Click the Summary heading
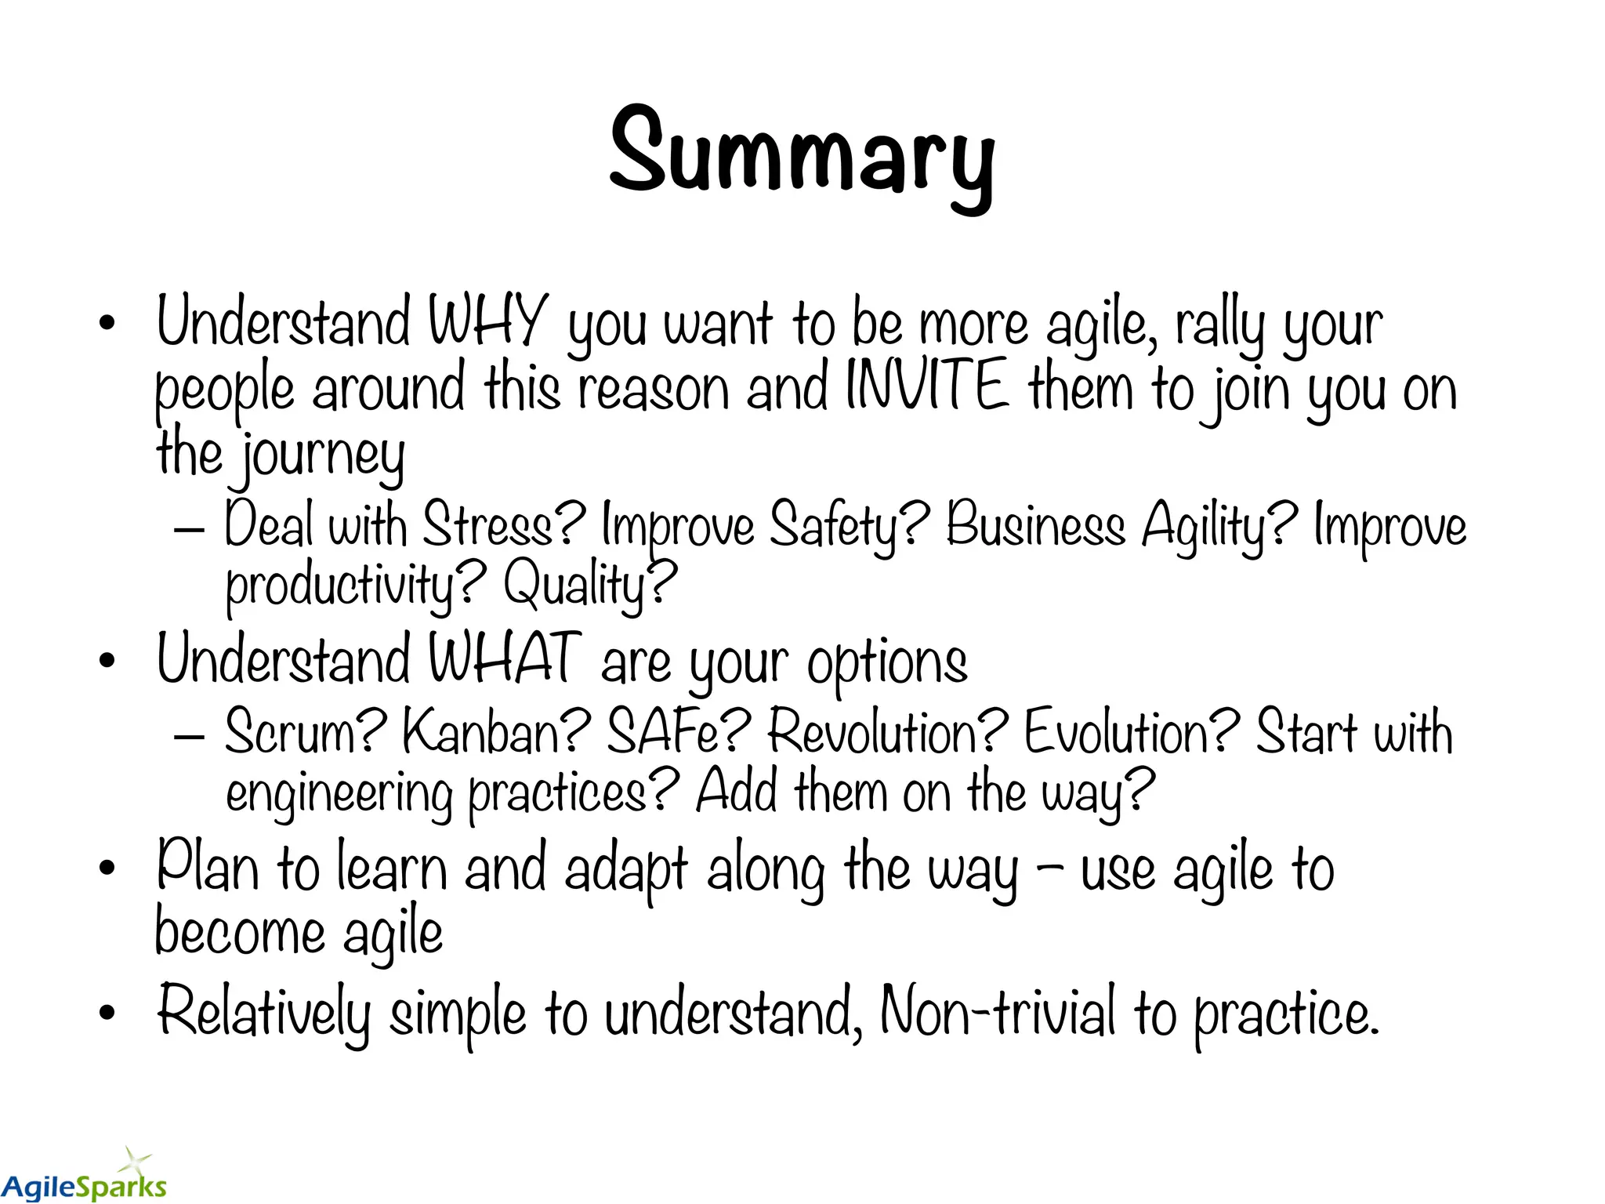pyautogui.click(x=802, y=153)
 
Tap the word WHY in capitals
pyautogui.click(x=487, y=321)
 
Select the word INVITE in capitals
pyautogui.click(x=927, y=386)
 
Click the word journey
pyautogui.click(x=322, y=456)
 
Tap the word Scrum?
pyautogui.click(x=306, y=731)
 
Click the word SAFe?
pyautogui.click(x=679, y=731)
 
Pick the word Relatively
pyautogui.click(x=263, y=1013)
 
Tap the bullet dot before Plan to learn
pyautogui.click(x=107, y=869)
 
